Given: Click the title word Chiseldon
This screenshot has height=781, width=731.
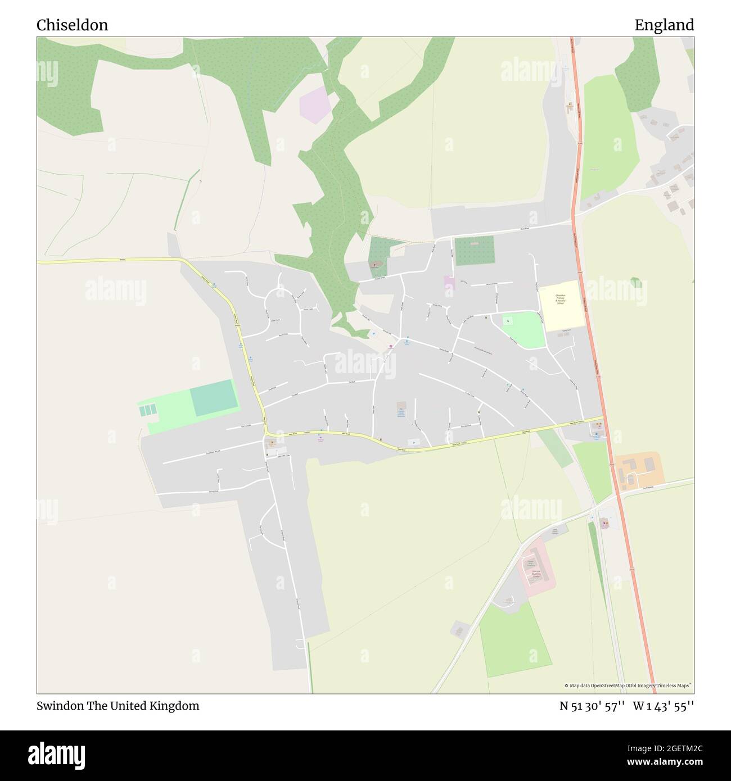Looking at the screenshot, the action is point(73,25).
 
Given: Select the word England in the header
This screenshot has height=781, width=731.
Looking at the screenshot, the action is point(664,25).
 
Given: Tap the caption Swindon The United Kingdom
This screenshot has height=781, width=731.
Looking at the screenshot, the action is point(118,706).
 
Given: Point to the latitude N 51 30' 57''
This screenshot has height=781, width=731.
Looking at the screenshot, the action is point(592,706).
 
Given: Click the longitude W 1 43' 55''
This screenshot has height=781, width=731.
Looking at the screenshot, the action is point(664,706).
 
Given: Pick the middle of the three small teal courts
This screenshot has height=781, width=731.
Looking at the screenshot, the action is point(147,411).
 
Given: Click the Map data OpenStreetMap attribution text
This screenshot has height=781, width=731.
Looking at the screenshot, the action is point(628,685).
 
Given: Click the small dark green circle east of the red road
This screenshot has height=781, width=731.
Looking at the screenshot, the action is point(635,281).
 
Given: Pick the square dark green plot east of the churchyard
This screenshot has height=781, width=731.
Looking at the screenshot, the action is point(475,251).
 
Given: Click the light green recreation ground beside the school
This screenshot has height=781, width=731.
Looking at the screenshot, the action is point(523,329).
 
